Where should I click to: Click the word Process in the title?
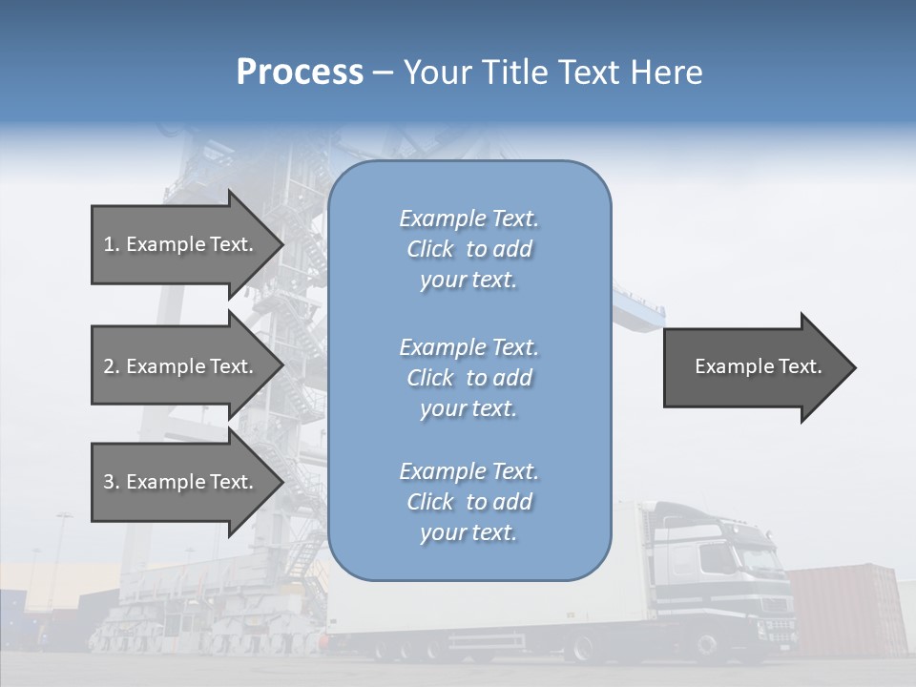[x=300, y=73]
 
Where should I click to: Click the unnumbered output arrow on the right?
[x=754, y=366]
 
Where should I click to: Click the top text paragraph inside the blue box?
[x=469, y=249]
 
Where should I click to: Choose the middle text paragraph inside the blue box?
[x=469, y=378]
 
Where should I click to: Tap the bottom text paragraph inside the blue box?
[x=469, y=502]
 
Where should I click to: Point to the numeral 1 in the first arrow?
[x=109, y=244]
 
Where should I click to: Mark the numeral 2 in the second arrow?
[x=109, y=366]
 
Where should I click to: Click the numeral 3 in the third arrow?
[x=109, y=482]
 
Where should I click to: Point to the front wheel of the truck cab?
[x=711, y=648]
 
